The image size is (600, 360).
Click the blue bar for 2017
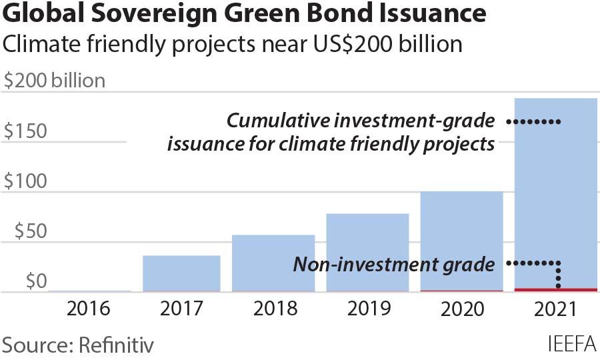point(181,273)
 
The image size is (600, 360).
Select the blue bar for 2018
point(273,263)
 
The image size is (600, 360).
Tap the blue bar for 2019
point(367,253)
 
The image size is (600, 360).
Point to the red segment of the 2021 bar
point(556,289)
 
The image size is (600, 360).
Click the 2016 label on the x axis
point(88,309)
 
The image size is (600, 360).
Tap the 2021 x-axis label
point(556,309)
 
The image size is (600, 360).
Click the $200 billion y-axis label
point(55,81)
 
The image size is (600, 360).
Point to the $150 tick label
point(25,131)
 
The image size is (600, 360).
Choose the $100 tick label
point(25,181)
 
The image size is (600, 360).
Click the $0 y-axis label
point(33,281)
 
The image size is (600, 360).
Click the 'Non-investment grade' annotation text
point(394,265)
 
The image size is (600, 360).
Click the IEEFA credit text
point(571,345)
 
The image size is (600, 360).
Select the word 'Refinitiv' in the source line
point(117,345)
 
